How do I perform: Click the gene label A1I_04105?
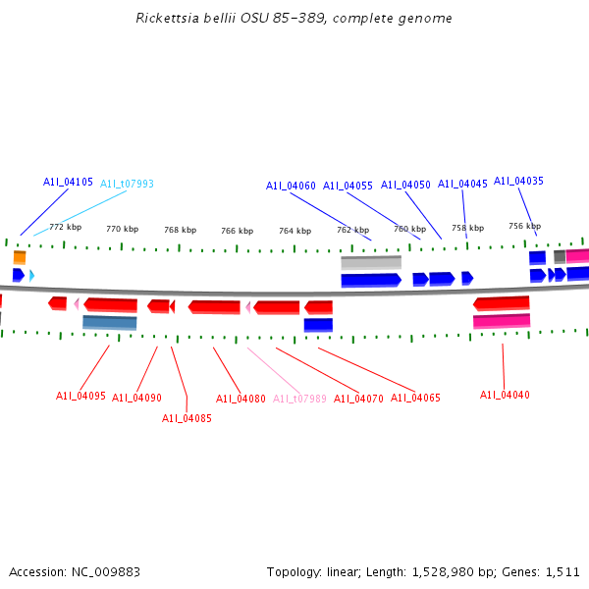(x=68, y=182)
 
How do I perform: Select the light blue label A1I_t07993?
(x=127, y=184)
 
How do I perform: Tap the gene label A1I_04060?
(x=291, y=186)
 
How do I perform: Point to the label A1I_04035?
(x=518, y=181)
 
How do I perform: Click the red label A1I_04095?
(x=80, y=396)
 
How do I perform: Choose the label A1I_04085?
(x=187, y=418)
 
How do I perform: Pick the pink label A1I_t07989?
(x=299, y=399)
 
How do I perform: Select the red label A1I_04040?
(x=505, y=395)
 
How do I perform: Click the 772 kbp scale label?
(x=66, y=227)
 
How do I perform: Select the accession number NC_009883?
(x=112, y=571)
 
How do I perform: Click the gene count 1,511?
(x=562, y=571)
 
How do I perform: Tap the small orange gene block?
(x=20, y=257)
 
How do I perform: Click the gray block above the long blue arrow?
(x=371, y=262)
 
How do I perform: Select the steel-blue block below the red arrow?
(x=110, y=322)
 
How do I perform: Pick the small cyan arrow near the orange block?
(x=32, y=276)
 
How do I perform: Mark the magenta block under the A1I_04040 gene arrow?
(x=502, y=321)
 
